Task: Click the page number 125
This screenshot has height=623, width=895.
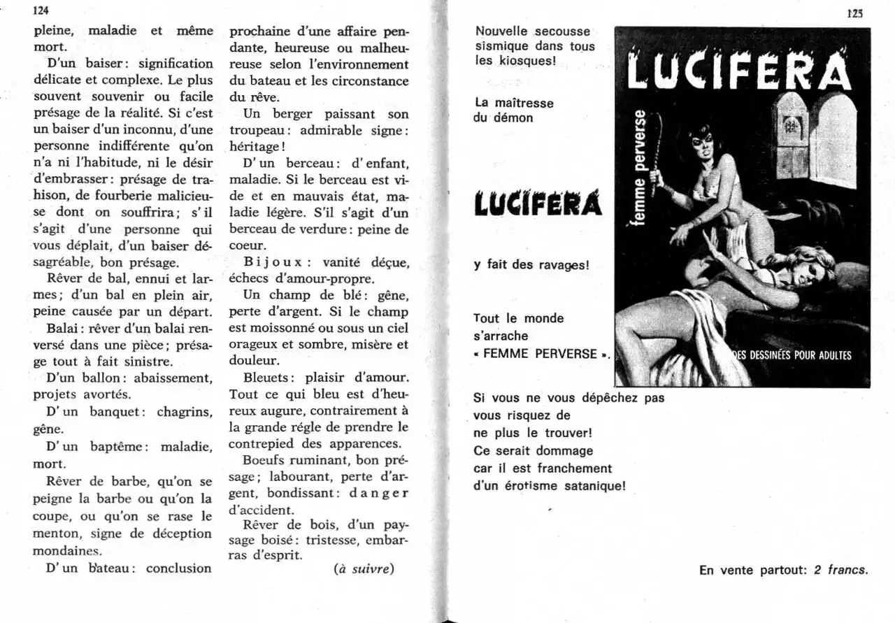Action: [x=855, y=12]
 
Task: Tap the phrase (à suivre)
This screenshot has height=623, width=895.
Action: [x=364, y=568]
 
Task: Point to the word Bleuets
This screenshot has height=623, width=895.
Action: [x=255, y=378]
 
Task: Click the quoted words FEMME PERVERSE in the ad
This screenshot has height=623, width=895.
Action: [x=540, y=353]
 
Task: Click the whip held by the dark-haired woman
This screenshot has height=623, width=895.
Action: [x=660, y=154]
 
